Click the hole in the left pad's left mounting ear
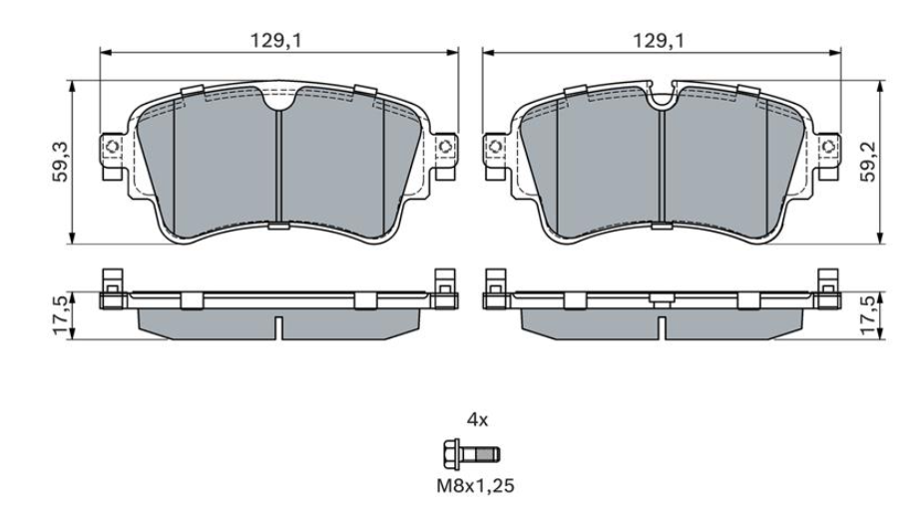[112, 150]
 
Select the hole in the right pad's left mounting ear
[494, 149]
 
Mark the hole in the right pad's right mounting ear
[828, 149]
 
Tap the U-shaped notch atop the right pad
[661, 97]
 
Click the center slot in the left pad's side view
[279, 326]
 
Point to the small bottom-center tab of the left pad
[278, 226]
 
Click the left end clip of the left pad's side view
[112, 286]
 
